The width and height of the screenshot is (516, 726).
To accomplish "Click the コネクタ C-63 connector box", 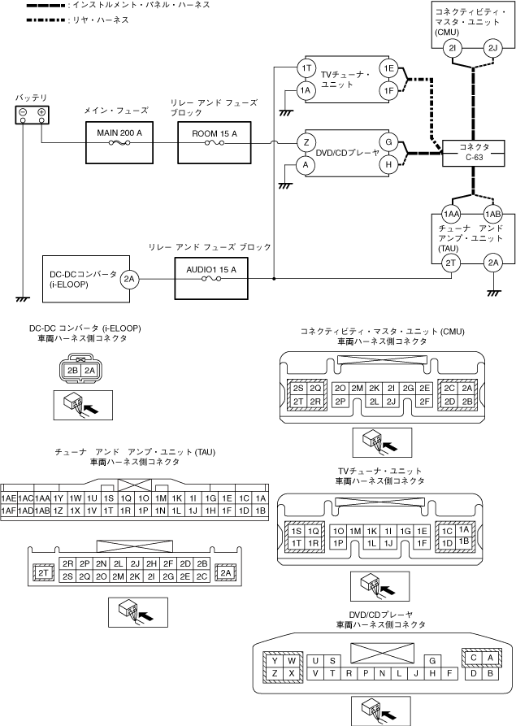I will click(470, 152).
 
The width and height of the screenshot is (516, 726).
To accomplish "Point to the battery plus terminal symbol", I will click(41, 111).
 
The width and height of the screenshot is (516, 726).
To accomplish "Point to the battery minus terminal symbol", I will click(24, 111).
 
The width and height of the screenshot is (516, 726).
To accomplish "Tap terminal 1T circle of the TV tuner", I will click(306, 67).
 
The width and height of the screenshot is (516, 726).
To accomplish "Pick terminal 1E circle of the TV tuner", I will click(389, 67).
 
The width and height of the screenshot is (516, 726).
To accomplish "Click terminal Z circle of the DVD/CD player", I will click(306, 141).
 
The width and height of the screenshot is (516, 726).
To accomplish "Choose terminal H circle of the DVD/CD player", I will click(389, 164).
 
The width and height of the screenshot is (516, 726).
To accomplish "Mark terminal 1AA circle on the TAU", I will click(452, 213).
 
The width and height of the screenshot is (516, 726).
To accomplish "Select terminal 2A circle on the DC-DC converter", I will click(129, 279).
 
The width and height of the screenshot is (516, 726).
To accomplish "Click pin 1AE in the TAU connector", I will click(9, 498).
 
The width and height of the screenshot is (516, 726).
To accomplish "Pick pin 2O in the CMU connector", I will click(340, 388).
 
